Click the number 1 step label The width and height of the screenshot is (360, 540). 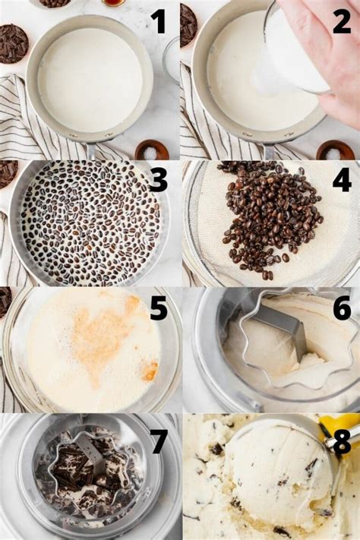point(158,21)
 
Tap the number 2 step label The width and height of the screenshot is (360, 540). point(342,21)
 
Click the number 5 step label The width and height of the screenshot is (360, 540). point(159,308)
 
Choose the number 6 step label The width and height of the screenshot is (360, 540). point(342,308)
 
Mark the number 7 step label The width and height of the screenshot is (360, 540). point(159,441)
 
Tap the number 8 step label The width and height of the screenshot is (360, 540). point(341,441)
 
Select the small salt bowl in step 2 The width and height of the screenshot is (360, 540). point(335,150)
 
